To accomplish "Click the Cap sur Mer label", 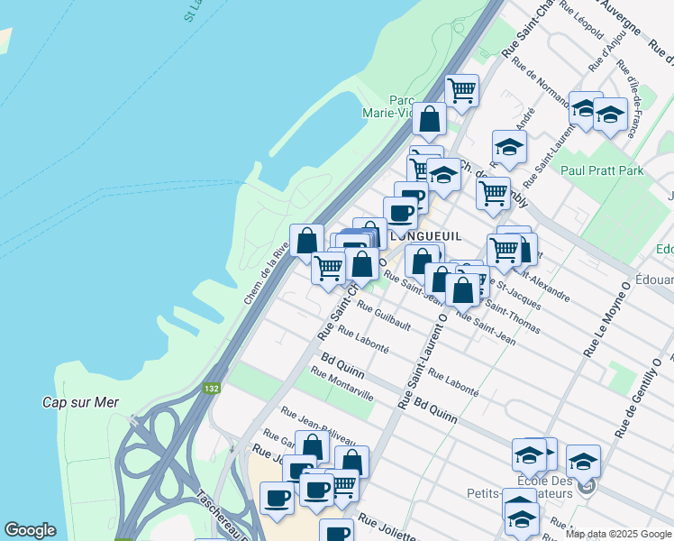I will coord(81,402).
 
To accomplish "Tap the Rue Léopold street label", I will coord(580,22).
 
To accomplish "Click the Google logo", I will coord(30,530).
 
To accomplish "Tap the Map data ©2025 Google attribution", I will coord(618,534).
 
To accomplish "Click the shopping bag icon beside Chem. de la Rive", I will coord(307,241).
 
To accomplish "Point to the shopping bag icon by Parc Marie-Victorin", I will coord(430,118).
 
